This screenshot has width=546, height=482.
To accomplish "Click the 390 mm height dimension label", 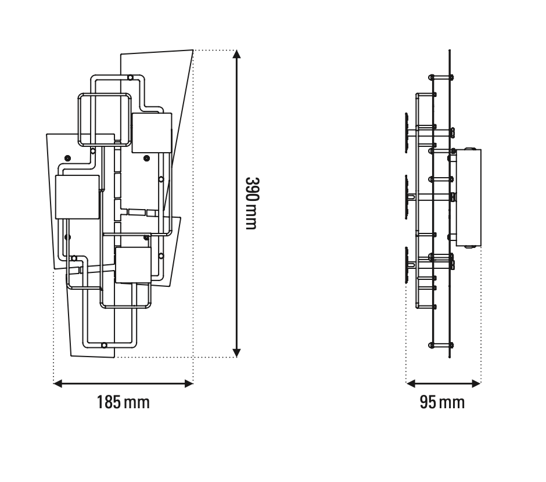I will pyautogui.click(x=250, y=203).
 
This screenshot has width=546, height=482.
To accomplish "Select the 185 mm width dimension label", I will pyautogui.click(x=123, y=402).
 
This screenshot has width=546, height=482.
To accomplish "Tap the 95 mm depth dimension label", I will pyautogui.click(x=443, y=402).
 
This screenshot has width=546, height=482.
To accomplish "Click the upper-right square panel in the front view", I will pyautogui.click(x=152, y=133).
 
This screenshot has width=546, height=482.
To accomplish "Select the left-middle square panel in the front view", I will pyautogui.click(x=77, y=197).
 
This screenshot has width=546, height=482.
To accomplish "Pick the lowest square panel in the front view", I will pyautogui.click(x=133, y=265).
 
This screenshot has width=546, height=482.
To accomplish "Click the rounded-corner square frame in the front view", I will pyautogui.click(x=103, y=119).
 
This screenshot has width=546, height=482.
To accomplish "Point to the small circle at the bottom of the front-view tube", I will pyautogui.click(x=104, y=345).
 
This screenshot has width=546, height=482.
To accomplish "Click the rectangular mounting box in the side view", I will pyautogui.click(x=469, y=197).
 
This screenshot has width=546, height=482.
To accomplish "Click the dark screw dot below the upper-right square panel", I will pyautogui.click(x=146, y=157).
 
